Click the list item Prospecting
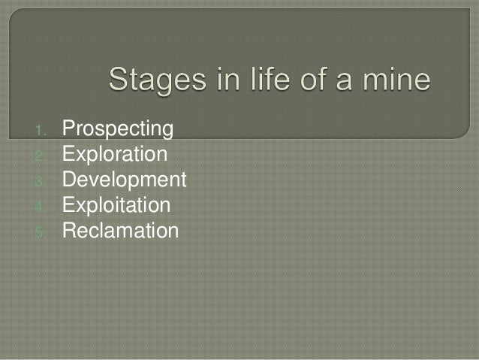pyautogui.click(x=117, y=130)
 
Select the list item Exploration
pyautogui.click(x=115, y=155)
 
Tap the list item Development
pyautogui.click(x=124, y=180)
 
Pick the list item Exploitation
pyautogui.click(x=116, y=205)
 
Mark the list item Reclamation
pyautogui.click(x=120, y=230)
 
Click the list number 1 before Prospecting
pyautogui.click(x=41, y=132)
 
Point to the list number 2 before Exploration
pyautogui.click(x=41, y=156)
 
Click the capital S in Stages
pyautogui.click(x=120, y=80)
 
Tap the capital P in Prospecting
pyautogui.click(x=68, y=129)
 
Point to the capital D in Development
pyautogui.click(x=69, y=180)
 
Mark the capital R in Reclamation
pyautogui.click(x=69, y=230)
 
